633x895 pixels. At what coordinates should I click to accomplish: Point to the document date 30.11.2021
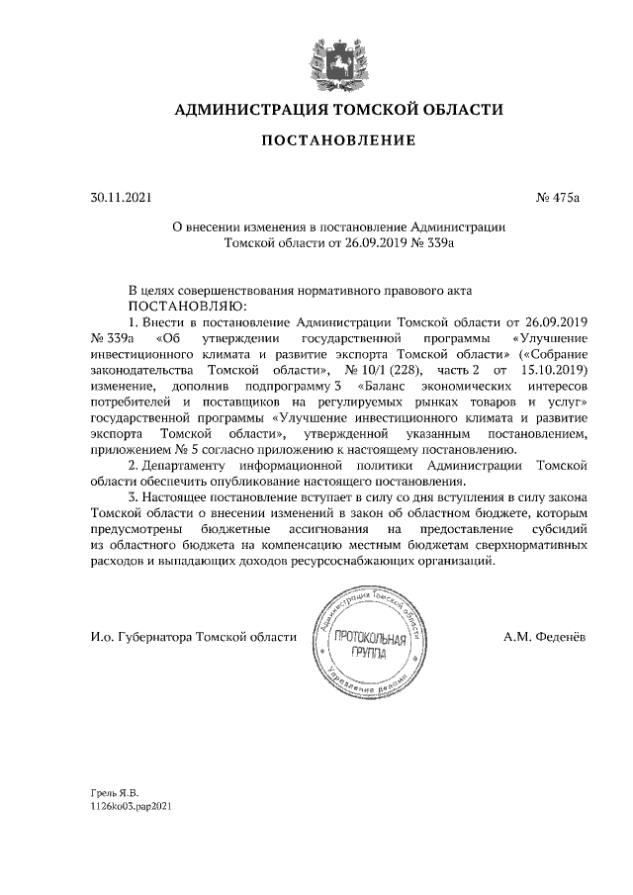tap(119, 198)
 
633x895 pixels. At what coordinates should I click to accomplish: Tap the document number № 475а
tap(557, 198)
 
